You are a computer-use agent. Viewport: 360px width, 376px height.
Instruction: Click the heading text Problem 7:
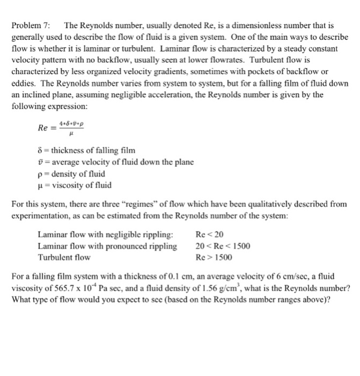coord(30,26)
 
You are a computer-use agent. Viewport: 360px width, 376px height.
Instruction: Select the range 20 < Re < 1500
coord(223,247)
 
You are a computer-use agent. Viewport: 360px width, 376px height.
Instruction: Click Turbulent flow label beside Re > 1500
coord(64,258)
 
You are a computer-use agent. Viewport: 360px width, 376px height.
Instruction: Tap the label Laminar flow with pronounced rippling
coord(107,247)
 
